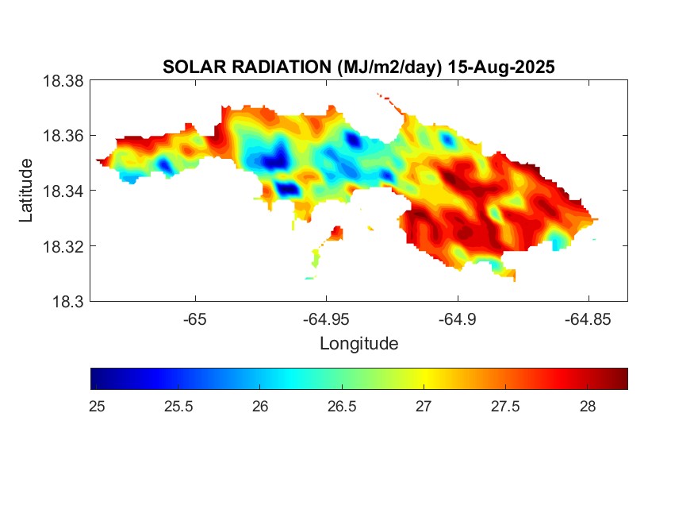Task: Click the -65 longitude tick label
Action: tap(195, 320)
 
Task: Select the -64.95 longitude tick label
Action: tap(326, 320)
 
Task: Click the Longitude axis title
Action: tap(359, 344)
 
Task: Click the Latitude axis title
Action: tap(27, 191)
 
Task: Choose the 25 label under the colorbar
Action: tap(98, 407)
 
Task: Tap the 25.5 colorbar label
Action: tap(178, 407)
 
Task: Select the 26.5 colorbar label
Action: tap(342, 407)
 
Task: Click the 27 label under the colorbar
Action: tap(424, 407)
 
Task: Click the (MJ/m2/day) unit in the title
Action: tap(383, 68)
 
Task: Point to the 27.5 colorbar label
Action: tap(505, 407)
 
